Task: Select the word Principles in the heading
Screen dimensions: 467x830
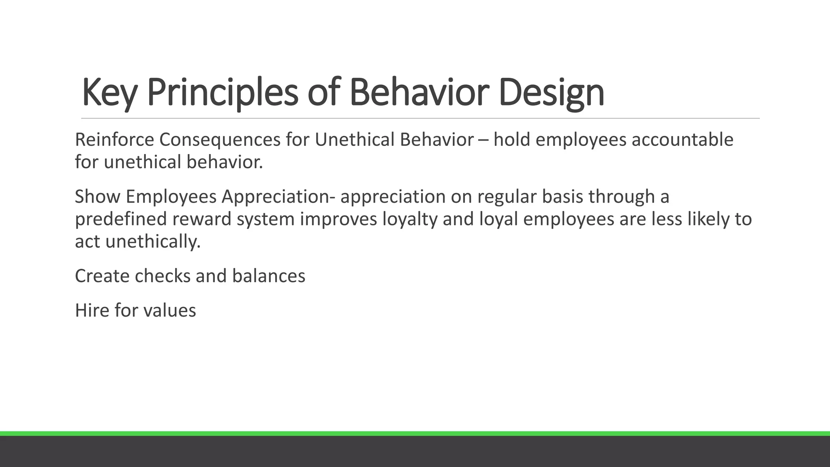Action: [222, 92]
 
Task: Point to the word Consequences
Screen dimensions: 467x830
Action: [220, 140]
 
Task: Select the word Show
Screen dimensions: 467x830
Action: [97, 197]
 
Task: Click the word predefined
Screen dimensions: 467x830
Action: [121, 219]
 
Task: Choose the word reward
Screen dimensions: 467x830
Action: [201, 219]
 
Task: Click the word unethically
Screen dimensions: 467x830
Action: [153, 242]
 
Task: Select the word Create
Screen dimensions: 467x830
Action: [102, 276]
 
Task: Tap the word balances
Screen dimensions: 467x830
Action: [269, 276]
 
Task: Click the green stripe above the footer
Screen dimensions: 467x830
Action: [415, 433]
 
